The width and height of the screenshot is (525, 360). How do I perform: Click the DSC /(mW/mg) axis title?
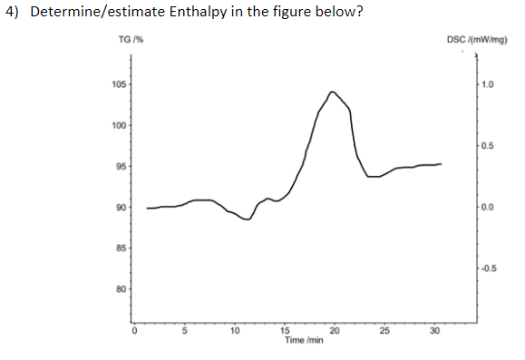479,39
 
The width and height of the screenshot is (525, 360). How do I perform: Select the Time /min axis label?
305,340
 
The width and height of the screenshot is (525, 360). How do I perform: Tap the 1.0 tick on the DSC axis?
488,85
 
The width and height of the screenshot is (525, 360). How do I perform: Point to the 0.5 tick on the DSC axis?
488,146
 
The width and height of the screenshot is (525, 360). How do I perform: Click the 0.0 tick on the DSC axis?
488,208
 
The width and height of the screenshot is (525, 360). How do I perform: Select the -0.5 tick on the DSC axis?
489,268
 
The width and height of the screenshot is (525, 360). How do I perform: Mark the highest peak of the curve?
333,92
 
